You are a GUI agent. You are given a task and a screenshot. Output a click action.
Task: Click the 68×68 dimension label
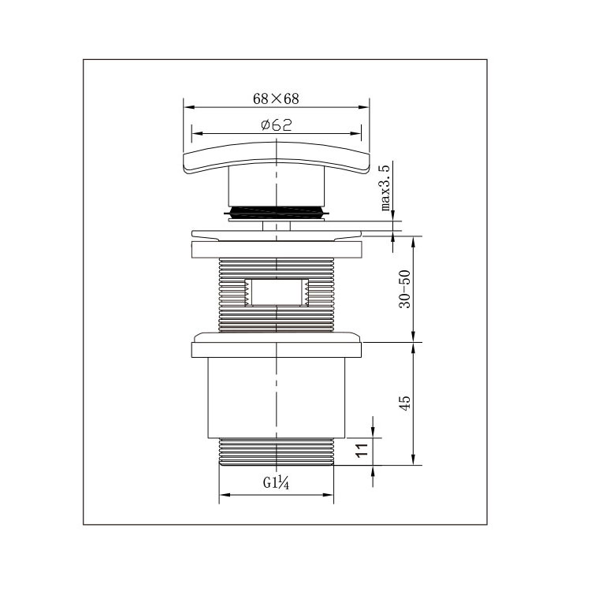click(x=276, y=98)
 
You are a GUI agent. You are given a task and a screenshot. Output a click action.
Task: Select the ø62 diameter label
click(x=277, y=125)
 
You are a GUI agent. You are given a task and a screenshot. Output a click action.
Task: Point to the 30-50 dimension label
click(x=405, y=289)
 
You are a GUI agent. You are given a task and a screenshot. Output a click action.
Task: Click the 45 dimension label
click(x=405, y=403)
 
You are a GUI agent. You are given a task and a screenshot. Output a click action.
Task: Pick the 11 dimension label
click(x=362, y=450)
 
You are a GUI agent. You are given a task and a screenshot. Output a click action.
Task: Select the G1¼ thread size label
click(x=276, y=483)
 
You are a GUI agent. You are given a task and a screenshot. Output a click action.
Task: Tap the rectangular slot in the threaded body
click(x=277, y=292)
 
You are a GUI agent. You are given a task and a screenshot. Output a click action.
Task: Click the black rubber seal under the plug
click(x=277, y=212)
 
